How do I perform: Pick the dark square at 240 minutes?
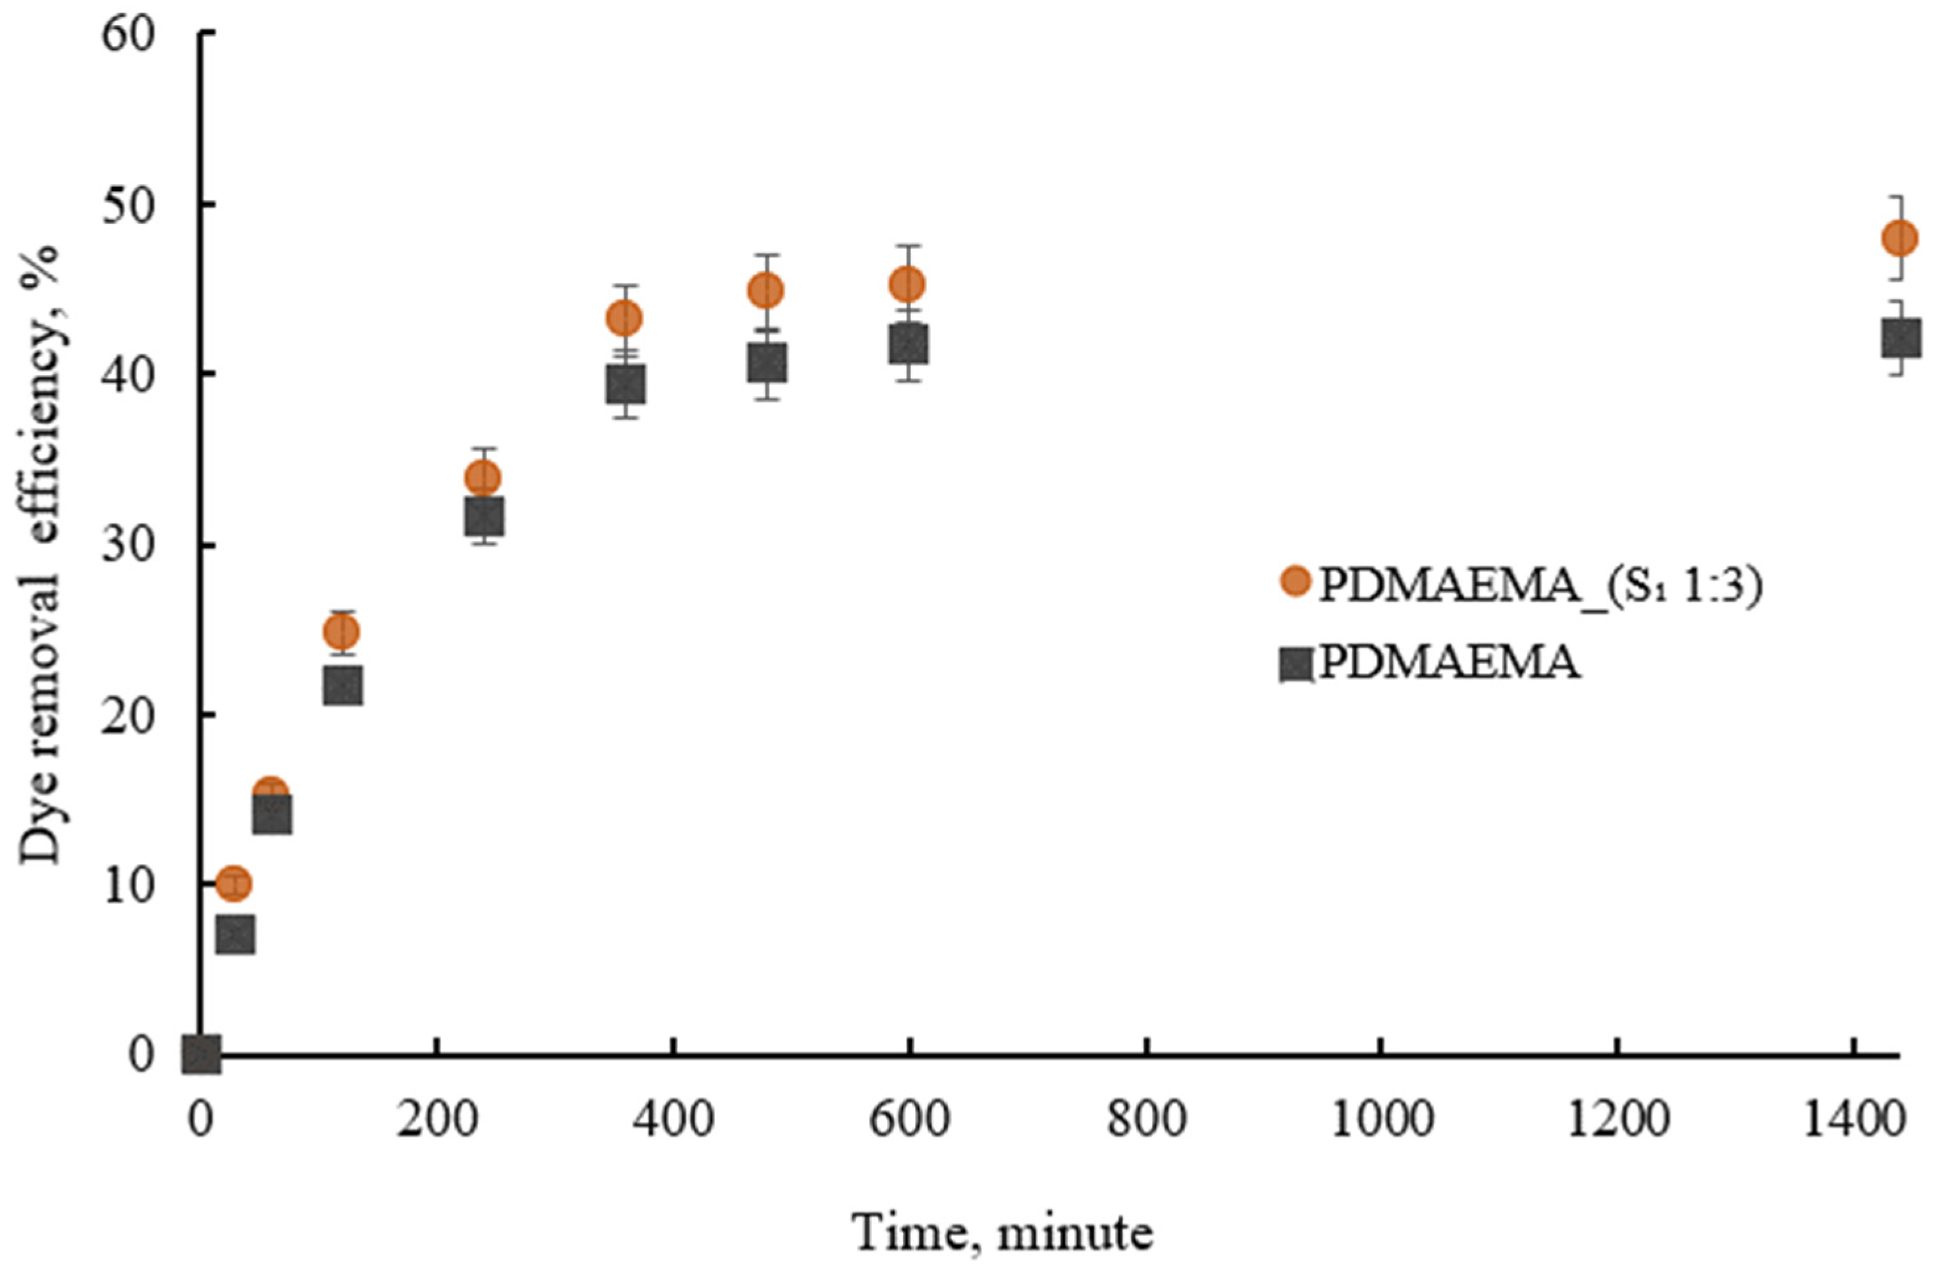[x=484, y=516]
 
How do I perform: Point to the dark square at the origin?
[x=201, y=1055]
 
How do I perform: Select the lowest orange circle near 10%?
[x=234, y=883]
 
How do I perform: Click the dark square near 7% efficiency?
[x=235, y=934]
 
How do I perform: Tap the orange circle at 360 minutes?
[x=624, y=319]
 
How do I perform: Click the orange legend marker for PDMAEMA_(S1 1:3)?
[x=1296, y=581]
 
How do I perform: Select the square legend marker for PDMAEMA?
[x=1296, y=664]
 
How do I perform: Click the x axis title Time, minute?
[x=1003, y=1232]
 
